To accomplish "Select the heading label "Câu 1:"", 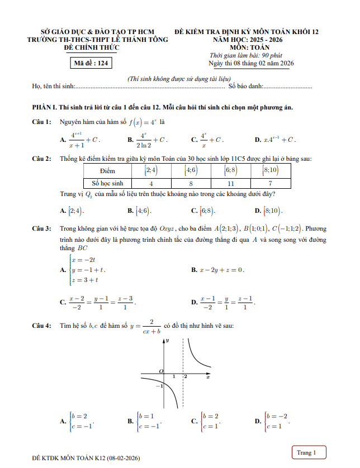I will click(x=41, y=122).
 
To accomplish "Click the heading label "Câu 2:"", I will click(x=41, y=159).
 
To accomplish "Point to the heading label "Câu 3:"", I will click(x=41, y=229).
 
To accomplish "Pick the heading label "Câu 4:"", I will click(x=41, y=326).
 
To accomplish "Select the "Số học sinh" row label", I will click(x=107, y=183).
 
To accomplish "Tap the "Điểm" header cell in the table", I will click(x=107, y=170).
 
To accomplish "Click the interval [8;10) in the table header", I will click(x=271, y=170).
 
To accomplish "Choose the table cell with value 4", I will click(x=151, y=183).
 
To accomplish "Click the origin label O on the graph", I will click(x=160, y=371).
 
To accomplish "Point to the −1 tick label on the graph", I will click(x=159, y=386).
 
